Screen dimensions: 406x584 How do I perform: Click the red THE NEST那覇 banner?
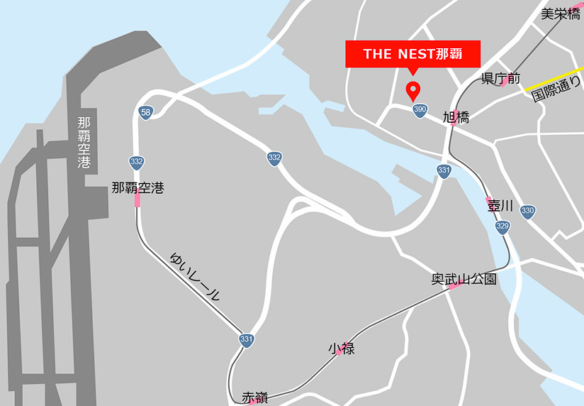pos(412,54)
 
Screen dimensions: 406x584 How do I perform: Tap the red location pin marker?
pos(412,90)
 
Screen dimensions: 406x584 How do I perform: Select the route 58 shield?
pos(145,112)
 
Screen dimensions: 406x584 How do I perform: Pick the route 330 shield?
pos(527,210)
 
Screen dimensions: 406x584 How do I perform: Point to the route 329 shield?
pos(502,226)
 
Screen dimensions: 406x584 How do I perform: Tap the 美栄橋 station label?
pos(560,13)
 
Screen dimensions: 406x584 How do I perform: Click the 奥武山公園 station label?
pos(464,279)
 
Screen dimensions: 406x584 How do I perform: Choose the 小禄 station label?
pos(341,349)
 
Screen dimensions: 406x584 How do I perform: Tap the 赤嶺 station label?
pos(255,397)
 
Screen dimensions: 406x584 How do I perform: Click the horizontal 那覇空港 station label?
pos(137,188)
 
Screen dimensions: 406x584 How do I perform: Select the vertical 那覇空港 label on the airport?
pos(85,143)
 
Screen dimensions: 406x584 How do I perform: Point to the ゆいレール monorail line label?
pos(195,276)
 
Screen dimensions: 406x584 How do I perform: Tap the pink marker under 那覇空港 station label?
pos(137,201)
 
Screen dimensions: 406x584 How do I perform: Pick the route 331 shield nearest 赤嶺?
pos(246,340)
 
